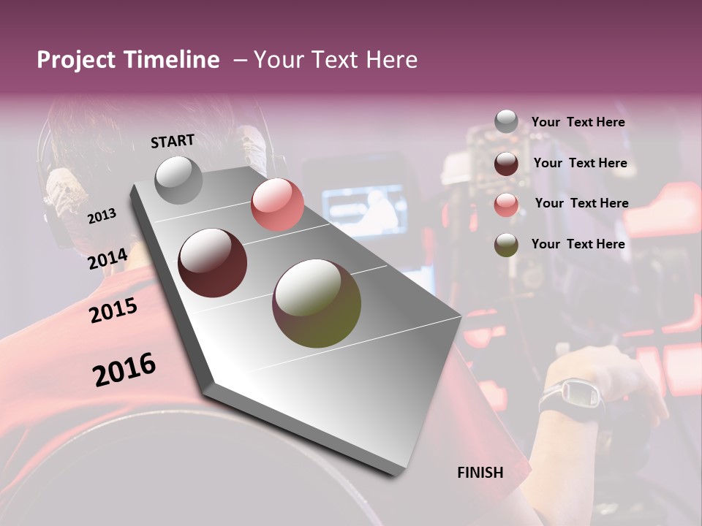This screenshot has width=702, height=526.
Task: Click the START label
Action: click(173, 141)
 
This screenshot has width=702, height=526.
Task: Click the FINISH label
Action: click(480, 473)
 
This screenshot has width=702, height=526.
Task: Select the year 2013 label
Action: click(102, 216)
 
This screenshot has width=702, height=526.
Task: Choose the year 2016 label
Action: click(124, 370)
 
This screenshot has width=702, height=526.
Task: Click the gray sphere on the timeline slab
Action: click(179, 180)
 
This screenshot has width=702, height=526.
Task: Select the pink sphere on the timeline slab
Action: click(277, 205)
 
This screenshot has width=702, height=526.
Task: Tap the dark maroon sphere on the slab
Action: click(213, 263)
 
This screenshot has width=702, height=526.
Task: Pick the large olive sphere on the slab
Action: click(317, 303)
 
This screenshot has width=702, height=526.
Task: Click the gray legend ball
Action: click(506, 122)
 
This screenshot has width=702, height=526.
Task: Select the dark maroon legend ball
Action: click(506, 164)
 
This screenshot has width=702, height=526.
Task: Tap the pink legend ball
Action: click(506, 205)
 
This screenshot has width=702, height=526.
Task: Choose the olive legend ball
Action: click(506, 245)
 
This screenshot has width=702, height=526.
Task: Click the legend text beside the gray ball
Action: click(578, 123)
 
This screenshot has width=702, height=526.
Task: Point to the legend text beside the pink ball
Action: click(581, 203)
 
